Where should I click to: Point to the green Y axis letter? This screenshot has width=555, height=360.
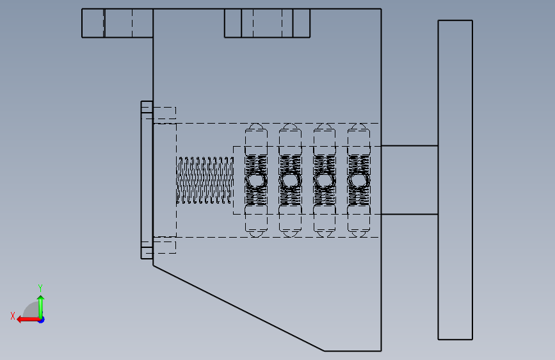[x=40, y=288]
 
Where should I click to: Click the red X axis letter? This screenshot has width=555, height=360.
[x=13, y=316]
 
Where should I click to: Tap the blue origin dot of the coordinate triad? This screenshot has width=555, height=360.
[x=42, y=320]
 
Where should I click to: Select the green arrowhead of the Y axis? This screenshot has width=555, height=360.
[x=41, y=299]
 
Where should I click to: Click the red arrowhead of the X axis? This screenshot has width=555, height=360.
[x=20, y=320]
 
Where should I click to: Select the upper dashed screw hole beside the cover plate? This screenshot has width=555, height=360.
[x=165, y=113]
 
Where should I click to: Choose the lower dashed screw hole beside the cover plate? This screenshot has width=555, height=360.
[x=165, y=247]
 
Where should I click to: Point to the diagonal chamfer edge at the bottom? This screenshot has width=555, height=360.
[x=239, y=308]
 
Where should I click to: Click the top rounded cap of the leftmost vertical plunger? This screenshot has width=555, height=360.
[x=256, y=126]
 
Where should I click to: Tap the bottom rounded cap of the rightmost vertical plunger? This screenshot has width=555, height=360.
[x=358, y=234]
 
